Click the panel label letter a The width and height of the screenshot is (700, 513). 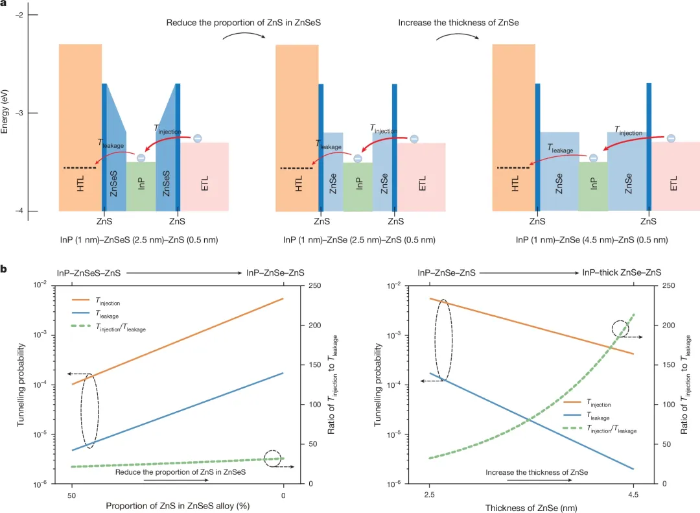click(x=5, y=5)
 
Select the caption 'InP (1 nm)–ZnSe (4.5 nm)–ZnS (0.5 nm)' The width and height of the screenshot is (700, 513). click(x=591, y=240)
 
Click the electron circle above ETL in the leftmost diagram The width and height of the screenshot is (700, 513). click(x=197, y=138)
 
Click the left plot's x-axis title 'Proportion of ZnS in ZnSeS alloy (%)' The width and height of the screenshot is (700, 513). click(x=177, y=506)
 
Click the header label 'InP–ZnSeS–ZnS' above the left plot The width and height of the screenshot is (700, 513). click(x=87, y=274)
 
